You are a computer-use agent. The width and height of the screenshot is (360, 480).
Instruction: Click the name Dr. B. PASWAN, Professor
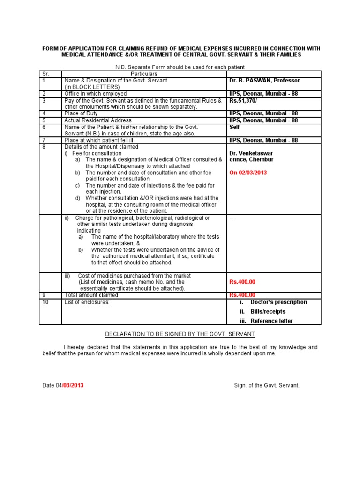click(264, 81)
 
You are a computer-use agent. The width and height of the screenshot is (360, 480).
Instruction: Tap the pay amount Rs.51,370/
click(243, 100)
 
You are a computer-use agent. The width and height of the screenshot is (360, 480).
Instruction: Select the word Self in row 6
click(234, 127)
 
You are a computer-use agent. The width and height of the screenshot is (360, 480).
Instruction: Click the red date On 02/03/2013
click(248, 172)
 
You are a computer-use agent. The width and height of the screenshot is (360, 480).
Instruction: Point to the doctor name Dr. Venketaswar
click(251, 153)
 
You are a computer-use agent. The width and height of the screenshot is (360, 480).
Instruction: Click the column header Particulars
click(144, 74)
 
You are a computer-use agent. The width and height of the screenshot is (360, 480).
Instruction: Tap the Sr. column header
click(45, 74)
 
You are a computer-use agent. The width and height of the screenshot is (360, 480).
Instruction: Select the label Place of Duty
click(82, 113)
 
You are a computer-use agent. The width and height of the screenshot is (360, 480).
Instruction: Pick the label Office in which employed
click(95, 94)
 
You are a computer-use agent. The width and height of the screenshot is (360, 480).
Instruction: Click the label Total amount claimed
click(91, 295)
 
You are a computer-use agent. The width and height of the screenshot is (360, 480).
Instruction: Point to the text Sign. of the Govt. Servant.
click(266, 385)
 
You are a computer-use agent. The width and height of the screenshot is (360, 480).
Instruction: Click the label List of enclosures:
click(87, 302)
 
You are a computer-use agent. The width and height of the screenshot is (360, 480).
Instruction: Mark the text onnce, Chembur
click(251, 160)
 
